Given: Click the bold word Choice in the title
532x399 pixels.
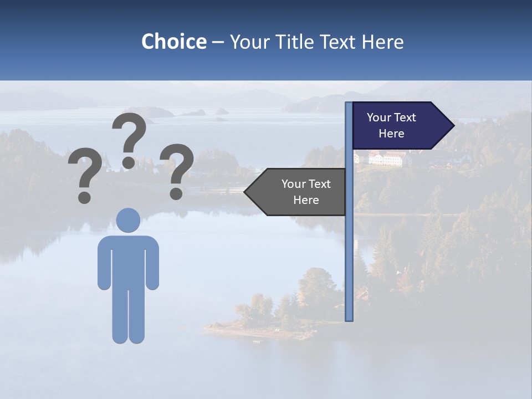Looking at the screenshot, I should pos(173,42).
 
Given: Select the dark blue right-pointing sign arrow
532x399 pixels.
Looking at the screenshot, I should pos(399,126).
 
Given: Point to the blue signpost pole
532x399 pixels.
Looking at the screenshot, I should pos(349,249).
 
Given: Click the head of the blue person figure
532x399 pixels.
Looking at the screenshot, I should pos(129,220).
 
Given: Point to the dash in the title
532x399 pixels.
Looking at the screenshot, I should pos(218,43).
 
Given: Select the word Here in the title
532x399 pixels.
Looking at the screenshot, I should pos(382,42).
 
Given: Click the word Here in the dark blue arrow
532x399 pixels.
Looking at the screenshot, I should pos(391,134).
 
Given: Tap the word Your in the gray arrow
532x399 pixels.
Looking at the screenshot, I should pos(294,184).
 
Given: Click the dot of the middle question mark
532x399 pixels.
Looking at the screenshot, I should pos(129,162).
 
